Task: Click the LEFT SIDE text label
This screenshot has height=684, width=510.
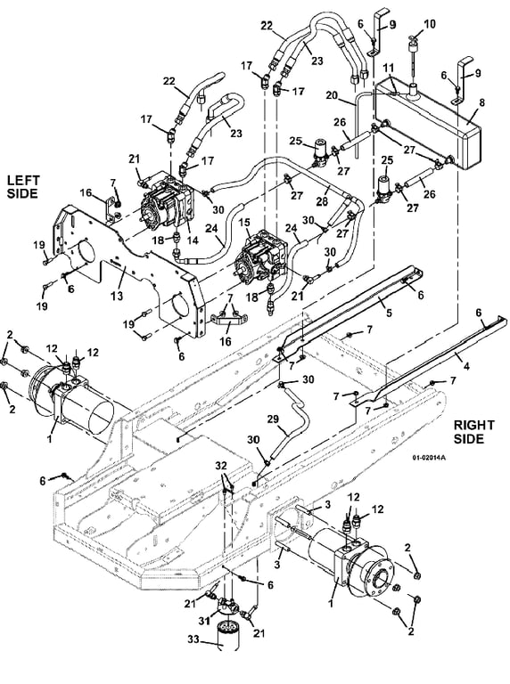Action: pos(23,187)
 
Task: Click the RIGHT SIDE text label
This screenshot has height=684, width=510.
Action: pos(473,432)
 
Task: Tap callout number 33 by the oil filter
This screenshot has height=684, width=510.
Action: pos(193,639)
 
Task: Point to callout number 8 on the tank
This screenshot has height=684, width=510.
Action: pos(482,103)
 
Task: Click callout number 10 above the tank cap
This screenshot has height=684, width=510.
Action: pos(430,23)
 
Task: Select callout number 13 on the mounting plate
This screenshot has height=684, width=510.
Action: pos(117,297)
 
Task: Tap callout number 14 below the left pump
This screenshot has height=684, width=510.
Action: pos(193,240)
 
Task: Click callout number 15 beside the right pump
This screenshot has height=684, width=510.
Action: pos(244,223)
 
